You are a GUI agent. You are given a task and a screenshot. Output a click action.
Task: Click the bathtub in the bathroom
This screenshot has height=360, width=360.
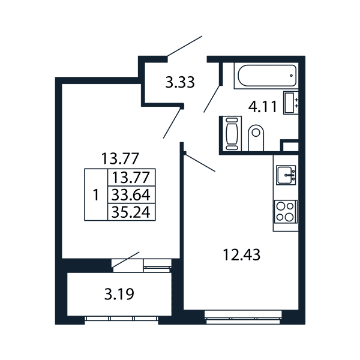point(267,76)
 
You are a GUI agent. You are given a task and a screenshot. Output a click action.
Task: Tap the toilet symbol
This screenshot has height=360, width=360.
point(256,138)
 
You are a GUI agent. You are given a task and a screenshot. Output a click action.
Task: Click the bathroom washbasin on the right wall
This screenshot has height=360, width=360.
point(290,103)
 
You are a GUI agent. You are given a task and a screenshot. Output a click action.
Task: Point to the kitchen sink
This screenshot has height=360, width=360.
point(286,175)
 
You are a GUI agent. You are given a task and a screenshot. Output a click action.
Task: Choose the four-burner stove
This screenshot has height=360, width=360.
point(286,211)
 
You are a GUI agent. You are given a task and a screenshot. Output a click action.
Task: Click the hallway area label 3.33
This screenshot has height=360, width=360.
point(180,82)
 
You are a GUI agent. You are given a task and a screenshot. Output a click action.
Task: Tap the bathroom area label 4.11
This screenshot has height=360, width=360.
point(263,107)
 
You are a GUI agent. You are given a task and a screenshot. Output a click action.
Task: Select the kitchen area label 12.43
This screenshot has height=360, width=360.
point(242,255)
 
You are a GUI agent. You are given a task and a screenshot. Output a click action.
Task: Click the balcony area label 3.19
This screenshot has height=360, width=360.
point(119,294)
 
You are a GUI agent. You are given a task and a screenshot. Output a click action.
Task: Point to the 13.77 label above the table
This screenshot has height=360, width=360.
point(121,158)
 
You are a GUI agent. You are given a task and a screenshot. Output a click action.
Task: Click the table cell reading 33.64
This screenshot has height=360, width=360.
point(131,194)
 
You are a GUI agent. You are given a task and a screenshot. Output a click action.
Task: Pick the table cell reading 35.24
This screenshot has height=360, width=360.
point(131,212)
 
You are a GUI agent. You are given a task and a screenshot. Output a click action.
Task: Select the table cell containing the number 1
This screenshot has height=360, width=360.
point(96,194)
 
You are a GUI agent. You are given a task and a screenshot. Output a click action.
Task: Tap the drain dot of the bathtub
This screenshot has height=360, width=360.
point(292,76)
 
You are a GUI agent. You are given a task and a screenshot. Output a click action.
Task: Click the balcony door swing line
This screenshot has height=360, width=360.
point(125,259)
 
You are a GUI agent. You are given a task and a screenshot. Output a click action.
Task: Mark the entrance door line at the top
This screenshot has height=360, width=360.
point(185,46)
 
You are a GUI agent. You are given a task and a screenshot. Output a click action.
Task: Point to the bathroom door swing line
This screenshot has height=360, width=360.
point(212,99)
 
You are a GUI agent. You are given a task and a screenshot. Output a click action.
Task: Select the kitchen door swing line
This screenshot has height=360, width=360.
point(200,163)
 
